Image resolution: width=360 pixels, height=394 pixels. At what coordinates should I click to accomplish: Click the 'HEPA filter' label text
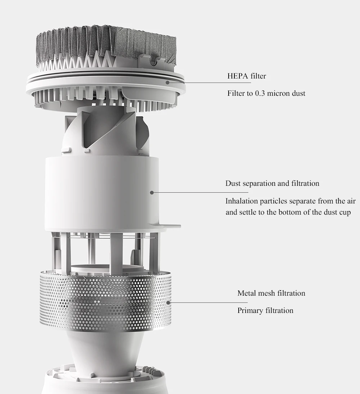click(247, 76)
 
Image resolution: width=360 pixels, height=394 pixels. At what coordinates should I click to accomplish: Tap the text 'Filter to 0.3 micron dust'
click(266, 93)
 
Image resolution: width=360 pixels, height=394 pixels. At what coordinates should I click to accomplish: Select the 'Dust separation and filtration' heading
click(272, 183)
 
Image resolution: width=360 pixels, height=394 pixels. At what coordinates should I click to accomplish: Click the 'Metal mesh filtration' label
click(271, 293)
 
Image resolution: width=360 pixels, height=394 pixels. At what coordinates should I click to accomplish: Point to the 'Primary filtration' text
click(265, 310)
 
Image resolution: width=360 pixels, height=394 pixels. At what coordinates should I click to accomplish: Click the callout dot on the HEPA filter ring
click(167, 82)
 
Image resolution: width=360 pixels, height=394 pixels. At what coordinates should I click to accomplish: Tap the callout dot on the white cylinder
click(152, 192)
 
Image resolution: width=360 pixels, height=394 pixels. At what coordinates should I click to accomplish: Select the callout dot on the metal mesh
click(168, 303)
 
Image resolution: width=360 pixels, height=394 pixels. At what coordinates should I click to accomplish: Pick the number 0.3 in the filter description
click(260, 93)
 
